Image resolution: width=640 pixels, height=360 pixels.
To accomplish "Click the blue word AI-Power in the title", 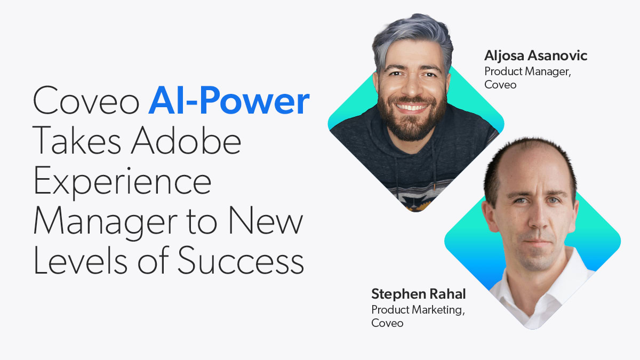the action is (229, 100).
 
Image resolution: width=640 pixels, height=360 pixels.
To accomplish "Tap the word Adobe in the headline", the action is (186, 140).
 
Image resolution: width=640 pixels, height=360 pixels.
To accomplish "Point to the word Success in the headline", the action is (241, 260).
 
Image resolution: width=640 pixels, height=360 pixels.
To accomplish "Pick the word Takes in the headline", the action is (77, 140).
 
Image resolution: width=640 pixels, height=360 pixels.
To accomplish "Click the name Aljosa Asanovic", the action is (535, 56).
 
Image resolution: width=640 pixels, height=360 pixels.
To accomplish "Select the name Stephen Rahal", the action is (419, 294).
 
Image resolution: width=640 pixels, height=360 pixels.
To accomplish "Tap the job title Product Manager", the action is (527, 71).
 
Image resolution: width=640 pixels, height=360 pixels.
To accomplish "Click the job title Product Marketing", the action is (418, 310).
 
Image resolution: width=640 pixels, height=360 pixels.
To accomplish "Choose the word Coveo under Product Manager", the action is (500, 85).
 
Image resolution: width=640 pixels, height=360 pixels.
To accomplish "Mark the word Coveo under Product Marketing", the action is (387, 323).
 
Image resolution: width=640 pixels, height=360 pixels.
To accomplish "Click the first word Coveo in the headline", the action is (86, 100).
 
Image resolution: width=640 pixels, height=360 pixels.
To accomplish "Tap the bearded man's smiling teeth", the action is (411, 107).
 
